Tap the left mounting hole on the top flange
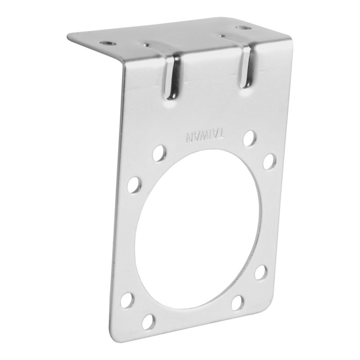[x=107, y=43]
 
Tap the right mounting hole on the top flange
[x=245, y=28]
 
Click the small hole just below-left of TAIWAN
[x=158, y=154]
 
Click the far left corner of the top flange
[x=68, y=36]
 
